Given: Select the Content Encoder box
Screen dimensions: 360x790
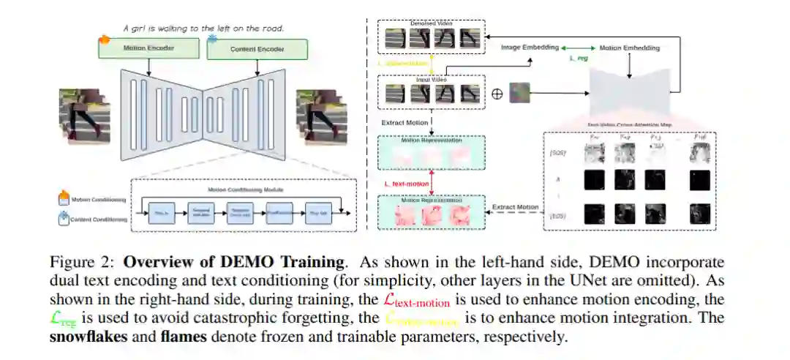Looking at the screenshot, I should point(257,50).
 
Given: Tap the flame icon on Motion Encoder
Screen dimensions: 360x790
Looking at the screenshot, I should point(104,38).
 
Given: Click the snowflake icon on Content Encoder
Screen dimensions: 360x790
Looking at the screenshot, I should point(213,38).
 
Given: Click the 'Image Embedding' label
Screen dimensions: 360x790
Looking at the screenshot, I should point(529,48).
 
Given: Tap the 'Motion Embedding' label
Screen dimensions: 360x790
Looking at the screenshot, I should point(629,48).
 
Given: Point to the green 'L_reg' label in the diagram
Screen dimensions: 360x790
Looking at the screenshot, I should point(579,59).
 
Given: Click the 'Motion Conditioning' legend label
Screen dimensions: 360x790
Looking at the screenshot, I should point(98,200).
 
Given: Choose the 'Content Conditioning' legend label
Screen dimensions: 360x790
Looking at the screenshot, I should point(98,219).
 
